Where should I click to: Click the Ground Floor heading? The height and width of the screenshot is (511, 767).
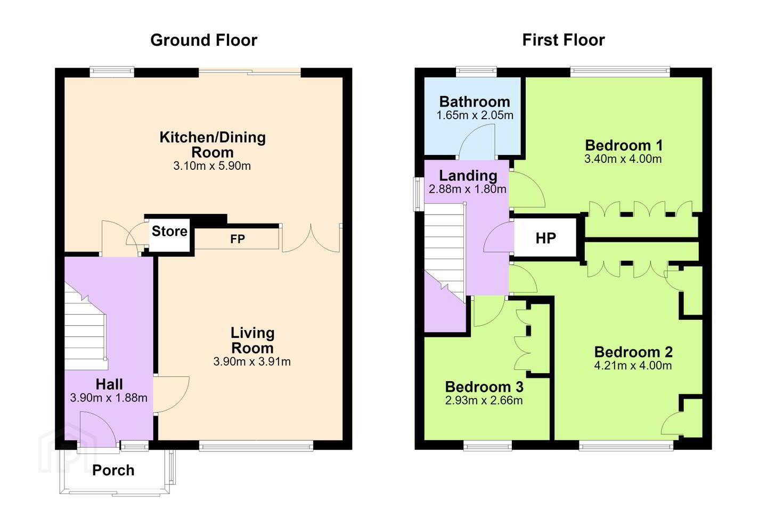coord(203,40)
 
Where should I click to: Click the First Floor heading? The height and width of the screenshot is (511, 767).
coord(564,40)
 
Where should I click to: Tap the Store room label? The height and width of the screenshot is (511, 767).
coord(169,232)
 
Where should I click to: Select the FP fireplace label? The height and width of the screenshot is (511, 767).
coord(238,239)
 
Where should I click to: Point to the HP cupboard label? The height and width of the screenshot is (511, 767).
coord(545,238)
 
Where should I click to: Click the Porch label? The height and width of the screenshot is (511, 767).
coord(113,471)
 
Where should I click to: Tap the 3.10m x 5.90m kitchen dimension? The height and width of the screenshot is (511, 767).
coord(212,166)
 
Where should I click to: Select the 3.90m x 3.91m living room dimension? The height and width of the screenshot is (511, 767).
coord(252,361)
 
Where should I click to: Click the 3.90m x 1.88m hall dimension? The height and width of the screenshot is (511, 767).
coord(109,398)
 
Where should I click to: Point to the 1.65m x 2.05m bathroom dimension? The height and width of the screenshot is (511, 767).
coord(475,116)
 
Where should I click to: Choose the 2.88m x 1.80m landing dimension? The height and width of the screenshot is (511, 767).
coord(468,189)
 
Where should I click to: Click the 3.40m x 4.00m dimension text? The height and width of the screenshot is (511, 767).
coord(623,159)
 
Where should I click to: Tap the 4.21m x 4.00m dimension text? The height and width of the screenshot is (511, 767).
coord(633,366)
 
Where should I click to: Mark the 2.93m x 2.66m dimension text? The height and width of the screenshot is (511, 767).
coord(484,400)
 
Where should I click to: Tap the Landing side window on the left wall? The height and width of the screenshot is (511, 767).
coord(418,194)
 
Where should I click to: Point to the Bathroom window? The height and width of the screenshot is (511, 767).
coord(476,71)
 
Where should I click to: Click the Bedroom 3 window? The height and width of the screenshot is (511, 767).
coord(488,446)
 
